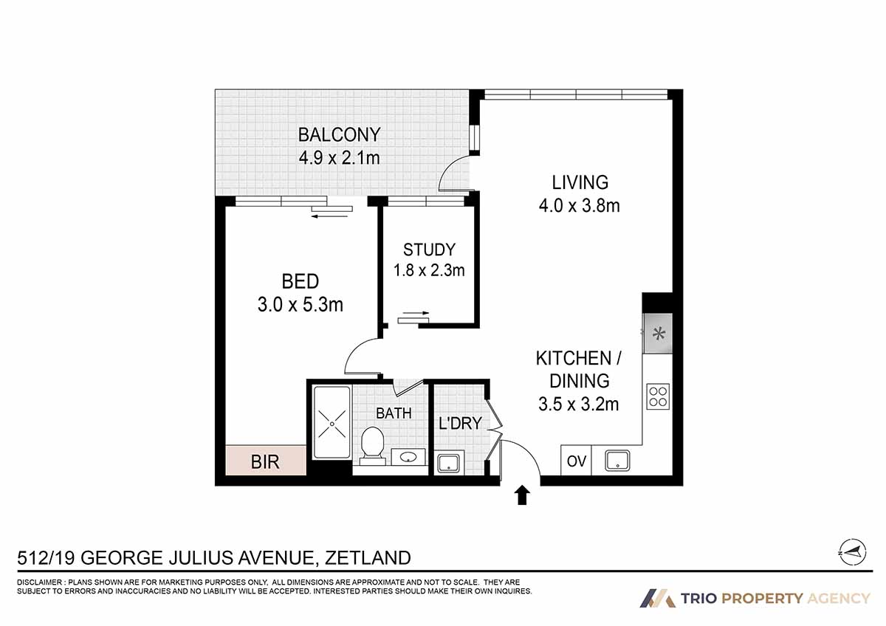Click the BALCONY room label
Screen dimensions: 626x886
pyautogui.click(x=339, y=135)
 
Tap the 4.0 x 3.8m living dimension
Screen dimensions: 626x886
pyautogui.click(x=579, y=206)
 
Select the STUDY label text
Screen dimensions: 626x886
pyautogui.click(x=429, y=250)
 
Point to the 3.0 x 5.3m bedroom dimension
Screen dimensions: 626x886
pyautogui.click(x=301, y=303)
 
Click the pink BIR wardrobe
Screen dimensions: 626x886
pyautogui.click(x=266, y=461)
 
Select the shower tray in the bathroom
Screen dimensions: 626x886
pyautogui.click(x=332, y=424)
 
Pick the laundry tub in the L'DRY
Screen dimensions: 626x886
pyautogui.click(x=448, y=464)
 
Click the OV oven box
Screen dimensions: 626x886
pyautogui.click(x=577, y=461)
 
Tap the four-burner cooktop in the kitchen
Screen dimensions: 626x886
pyautogui.click(x=657, y=396)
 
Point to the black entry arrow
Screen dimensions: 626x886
pyautogui.click(x=522, y=495)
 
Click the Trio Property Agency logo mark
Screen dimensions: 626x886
pyautogui.click(x=657, y=598)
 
